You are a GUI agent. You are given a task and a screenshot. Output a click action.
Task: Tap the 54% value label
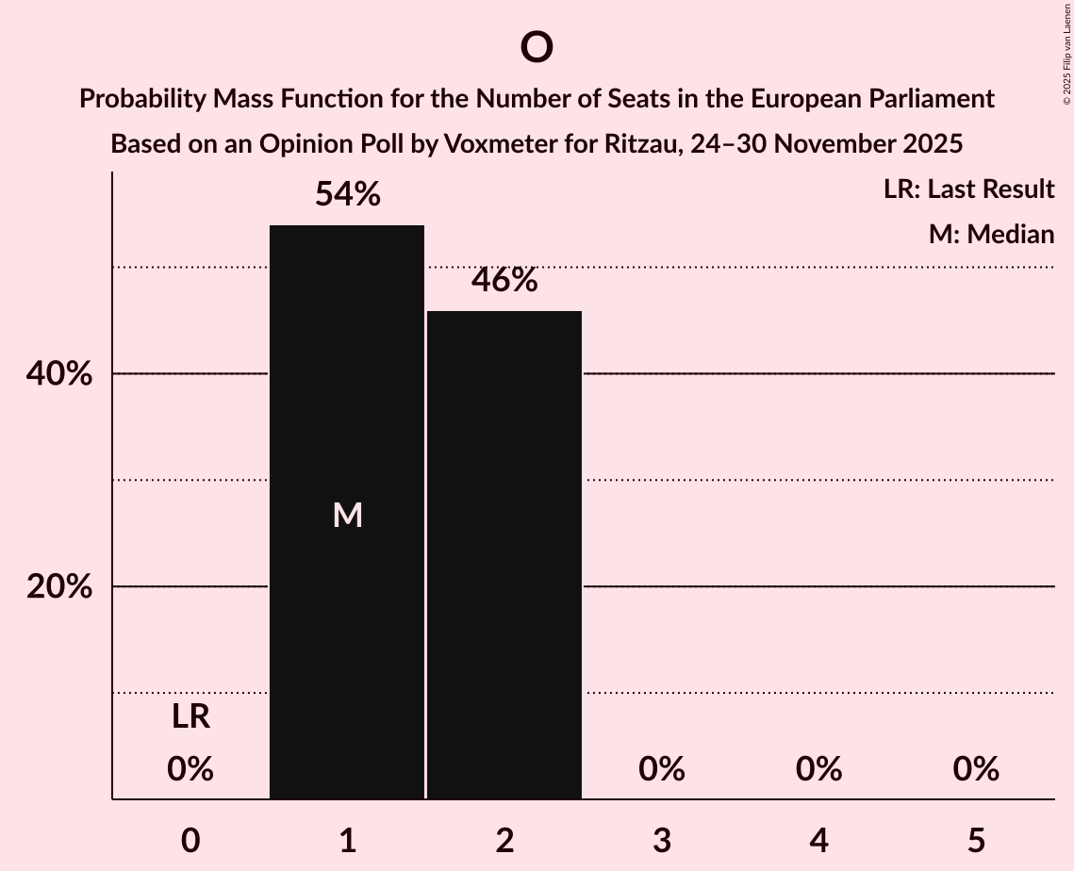pos(347,195)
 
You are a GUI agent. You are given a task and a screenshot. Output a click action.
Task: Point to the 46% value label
pos(504,280)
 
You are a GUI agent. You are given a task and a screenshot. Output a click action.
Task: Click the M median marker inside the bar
pos(347,515)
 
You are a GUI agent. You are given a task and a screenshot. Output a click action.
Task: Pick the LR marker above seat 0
pos(190,717)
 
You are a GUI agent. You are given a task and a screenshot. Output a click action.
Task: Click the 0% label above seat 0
pos(190,769)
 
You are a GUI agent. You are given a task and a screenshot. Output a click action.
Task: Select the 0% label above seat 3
pos(661,769)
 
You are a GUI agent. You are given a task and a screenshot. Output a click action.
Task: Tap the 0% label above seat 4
pos(818,769)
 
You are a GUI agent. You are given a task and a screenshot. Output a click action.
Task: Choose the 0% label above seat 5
pos(975,769)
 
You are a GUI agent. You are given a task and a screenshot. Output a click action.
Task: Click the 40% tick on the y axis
pos(58,374)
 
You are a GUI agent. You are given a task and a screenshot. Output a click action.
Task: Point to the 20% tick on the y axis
pos(58,587)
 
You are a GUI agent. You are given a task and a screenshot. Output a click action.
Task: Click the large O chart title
pos(536,47)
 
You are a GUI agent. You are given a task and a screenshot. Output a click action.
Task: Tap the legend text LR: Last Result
pos(968,189)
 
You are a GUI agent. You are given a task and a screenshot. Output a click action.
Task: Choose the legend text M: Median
pos(991,234)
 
